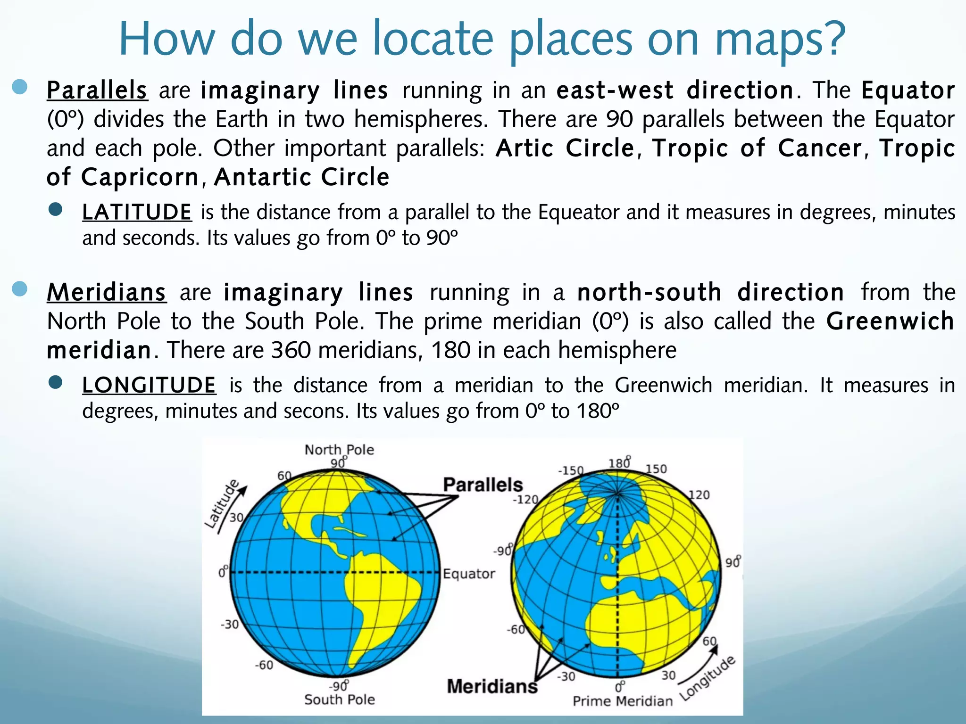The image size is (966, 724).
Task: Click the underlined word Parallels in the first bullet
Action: coord(97,90)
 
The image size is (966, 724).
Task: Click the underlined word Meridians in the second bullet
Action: coord(107,292)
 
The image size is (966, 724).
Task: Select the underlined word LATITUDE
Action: coord(137,212)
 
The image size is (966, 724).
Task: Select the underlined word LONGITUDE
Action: coord(149,385)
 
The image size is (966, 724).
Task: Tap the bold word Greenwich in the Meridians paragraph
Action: coord(890,321)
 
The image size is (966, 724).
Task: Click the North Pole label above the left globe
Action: coord(339,450)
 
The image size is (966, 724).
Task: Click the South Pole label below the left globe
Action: coord(339,699)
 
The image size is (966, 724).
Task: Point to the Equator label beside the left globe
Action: coord(469,574)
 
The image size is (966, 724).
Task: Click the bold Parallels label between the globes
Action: coord(483,485)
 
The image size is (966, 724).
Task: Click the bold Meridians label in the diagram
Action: coord(492,686)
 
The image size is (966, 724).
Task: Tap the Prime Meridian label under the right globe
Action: coord(623,701)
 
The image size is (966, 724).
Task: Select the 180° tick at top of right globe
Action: coord(619,463)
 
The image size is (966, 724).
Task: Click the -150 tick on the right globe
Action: coord(571,470)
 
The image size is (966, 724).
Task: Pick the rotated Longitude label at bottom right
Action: coord(708,678)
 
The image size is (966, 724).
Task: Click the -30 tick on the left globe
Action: coord(230,625)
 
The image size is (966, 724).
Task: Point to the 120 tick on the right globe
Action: coord(699,495)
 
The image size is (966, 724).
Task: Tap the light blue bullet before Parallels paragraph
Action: coord(20,87)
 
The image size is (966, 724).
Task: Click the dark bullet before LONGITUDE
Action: coord(56,383)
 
